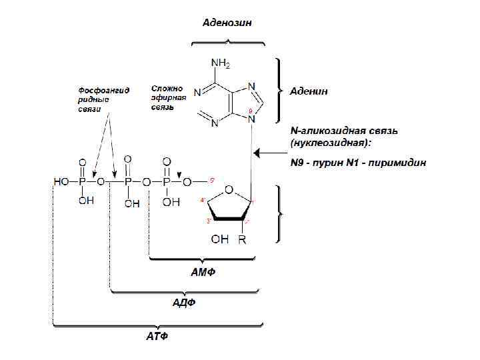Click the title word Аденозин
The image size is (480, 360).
[x=227, y=23]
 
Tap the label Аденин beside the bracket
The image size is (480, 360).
[x=308, y=91]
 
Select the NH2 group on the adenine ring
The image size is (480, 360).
[x=221, y=64]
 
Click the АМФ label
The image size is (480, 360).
[x=204, y=273]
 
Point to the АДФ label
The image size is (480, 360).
[x=184, y=302]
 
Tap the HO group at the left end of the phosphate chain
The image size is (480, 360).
[x=61, y=181]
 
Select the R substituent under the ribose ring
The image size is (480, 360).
[x=242, y=239]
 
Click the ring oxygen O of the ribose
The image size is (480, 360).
[x=229, y=189]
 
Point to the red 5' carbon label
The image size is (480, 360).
[x=212, y=180]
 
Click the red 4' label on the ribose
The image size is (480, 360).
[x=203, y=200]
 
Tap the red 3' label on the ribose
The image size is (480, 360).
[x=209, y=221]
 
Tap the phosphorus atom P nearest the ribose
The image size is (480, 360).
[x=167, y=181]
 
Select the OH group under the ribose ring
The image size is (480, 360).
[x=220, y=239]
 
